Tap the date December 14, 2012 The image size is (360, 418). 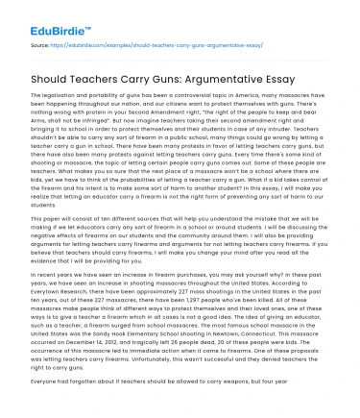pyautogui.click(x=94, y=348)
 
